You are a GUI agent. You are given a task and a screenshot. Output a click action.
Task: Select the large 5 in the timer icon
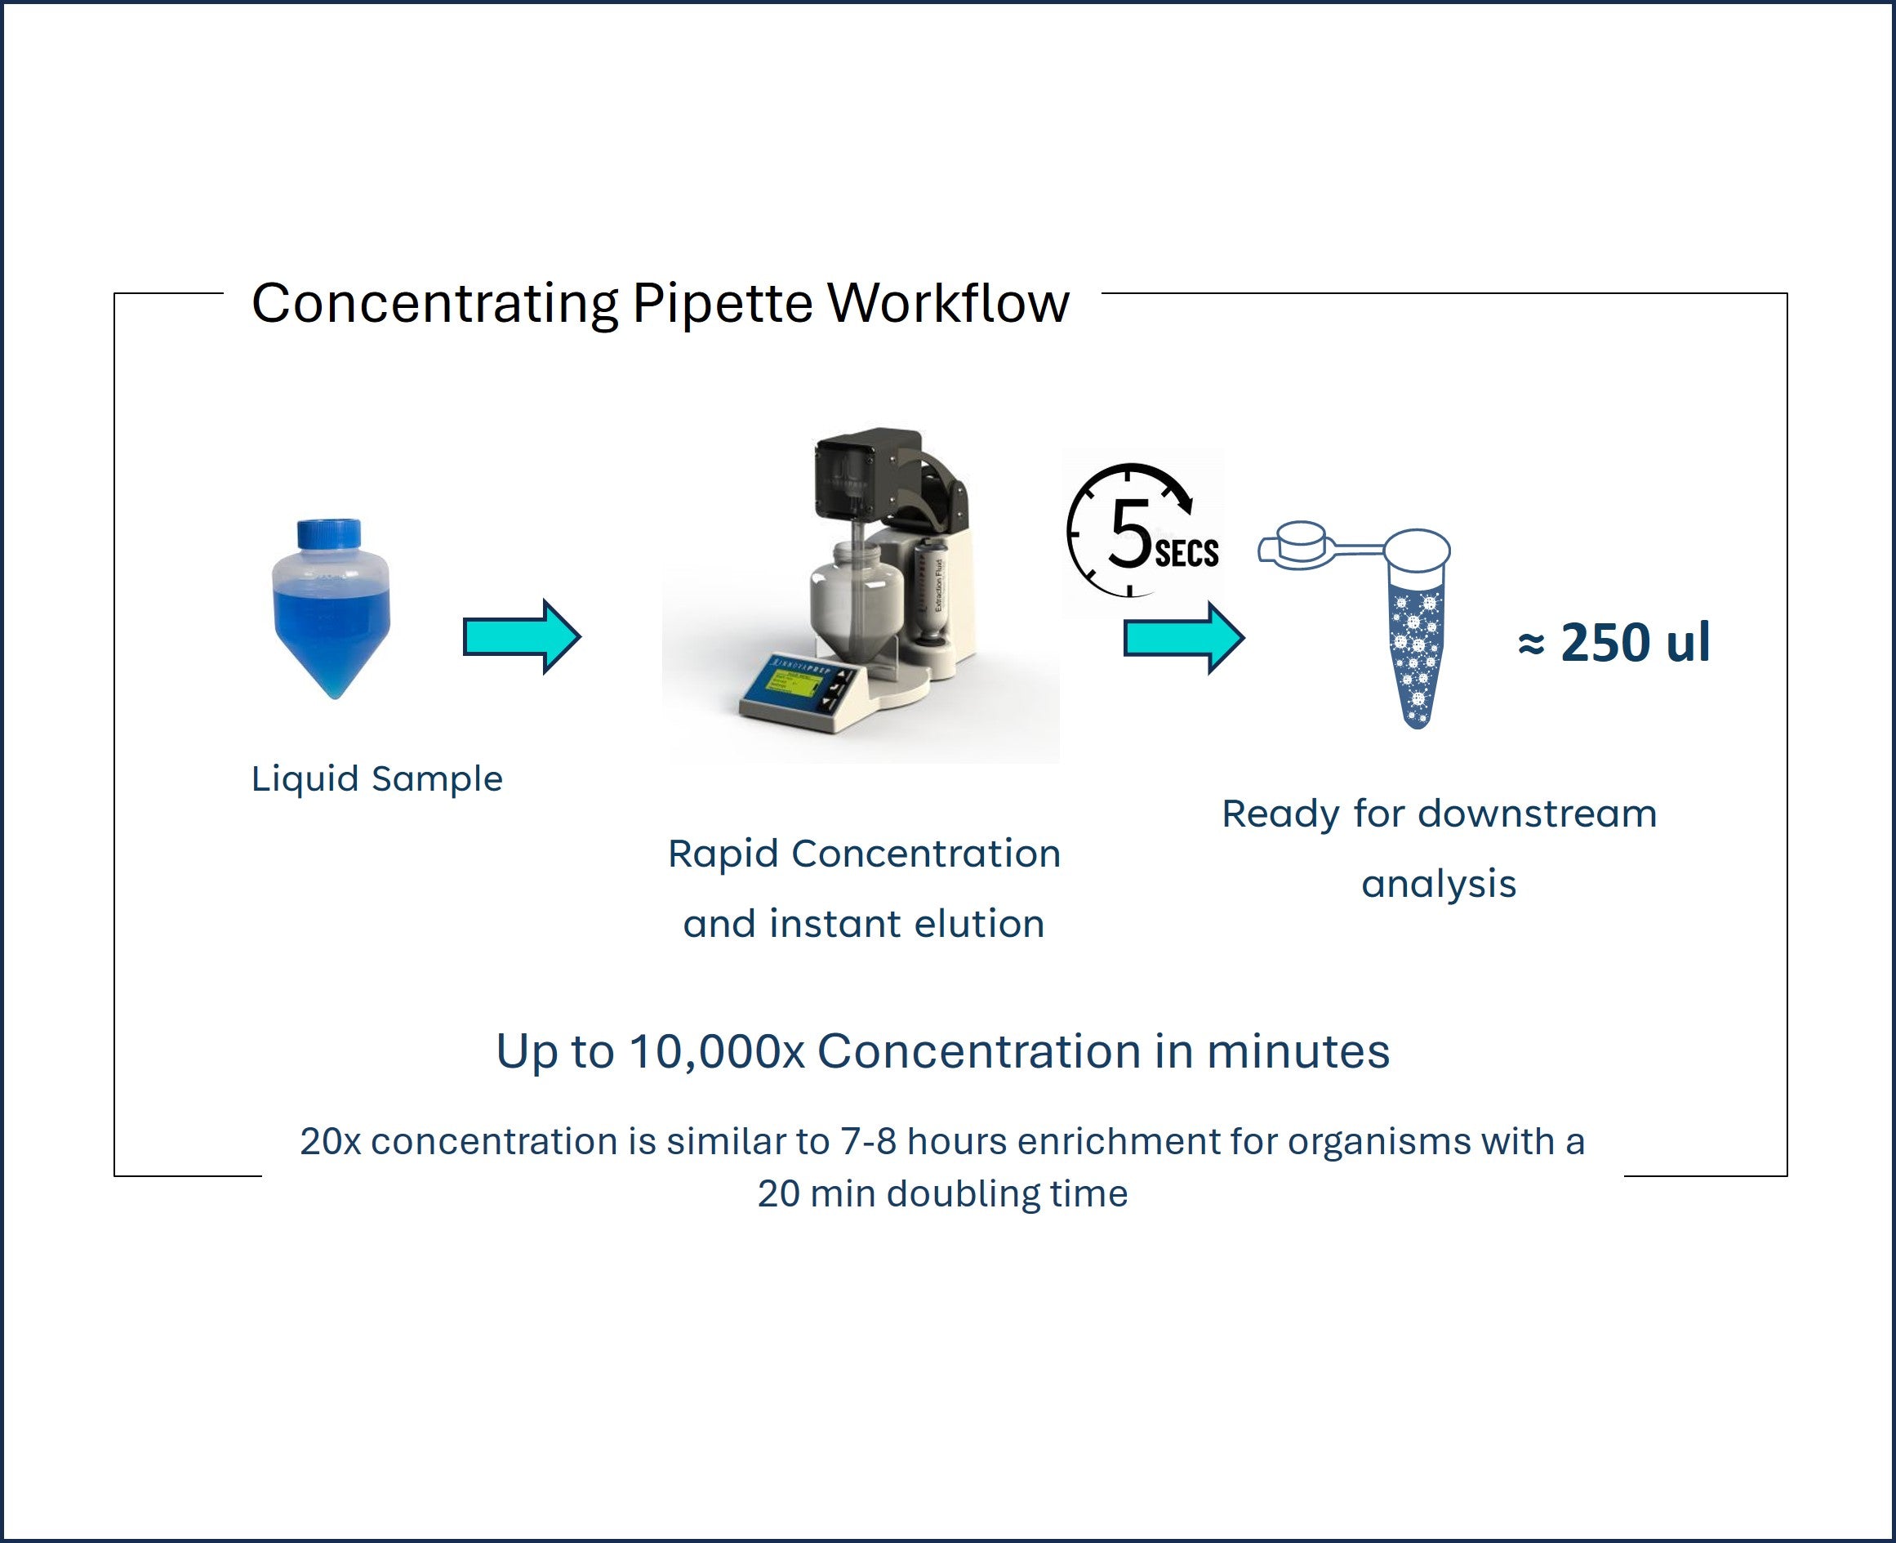point(1129,533)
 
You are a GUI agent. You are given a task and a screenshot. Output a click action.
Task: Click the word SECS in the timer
point(1186,554)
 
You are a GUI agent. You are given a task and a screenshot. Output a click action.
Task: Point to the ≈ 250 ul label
point(1613,642)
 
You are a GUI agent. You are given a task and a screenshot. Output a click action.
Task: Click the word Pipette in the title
point(723,303)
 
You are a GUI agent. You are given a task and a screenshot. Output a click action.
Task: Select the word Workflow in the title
point(948,303)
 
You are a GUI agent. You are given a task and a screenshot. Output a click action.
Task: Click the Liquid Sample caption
point(376,779)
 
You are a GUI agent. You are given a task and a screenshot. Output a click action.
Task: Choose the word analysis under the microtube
point(1439,885)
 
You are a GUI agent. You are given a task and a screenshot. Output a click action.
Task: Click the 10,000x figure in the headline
point(716,1051)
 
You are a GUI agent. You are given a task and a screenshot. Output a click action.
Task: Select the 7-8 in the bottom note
point(869,1142)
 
